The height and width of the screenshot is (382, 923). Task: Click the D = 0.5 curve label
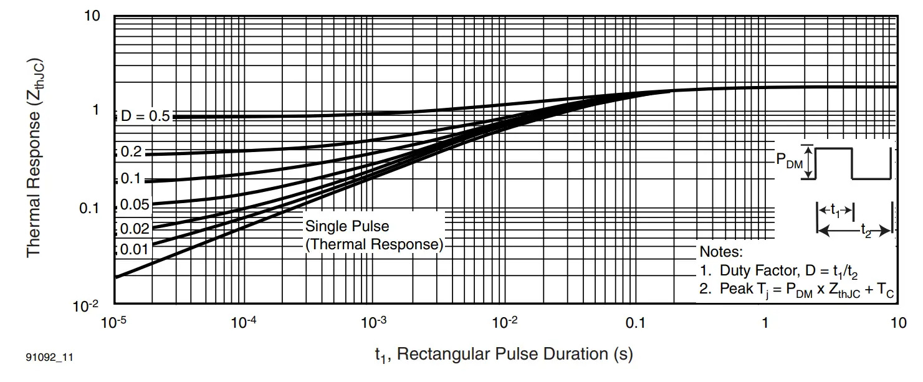click(x=145, y=117)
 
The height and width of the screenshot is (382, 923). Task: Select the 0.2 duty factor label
click(x=131, y=151)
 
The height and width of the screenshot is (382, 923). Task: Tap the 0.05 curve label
click(x=134, y=204)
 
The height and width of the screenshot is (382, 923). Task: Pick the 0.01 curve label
click(x=134, y=250)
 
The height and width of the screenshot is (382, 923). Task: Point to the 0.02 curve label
click(x=134, y=229)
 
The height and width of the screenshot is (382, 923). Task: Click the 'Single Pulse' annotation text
click(x=347, y=226)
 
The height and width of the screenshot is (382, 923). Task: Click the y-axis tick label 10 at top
click(x=92, y=16)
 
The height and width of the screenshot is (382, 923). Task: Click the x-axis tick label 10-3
click(x=374, y=322)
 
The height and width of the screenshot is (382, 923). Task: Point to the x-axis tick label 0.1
click(x=636, y=323)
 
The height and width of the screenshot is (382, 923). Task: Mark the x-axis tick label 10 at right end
click(x=897, y=323)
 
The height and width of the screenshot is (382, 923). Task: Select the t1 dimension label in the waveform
click(x=835, y=211)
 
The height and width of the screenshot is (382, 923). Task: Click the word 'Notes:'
click(x=721, y=252)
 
